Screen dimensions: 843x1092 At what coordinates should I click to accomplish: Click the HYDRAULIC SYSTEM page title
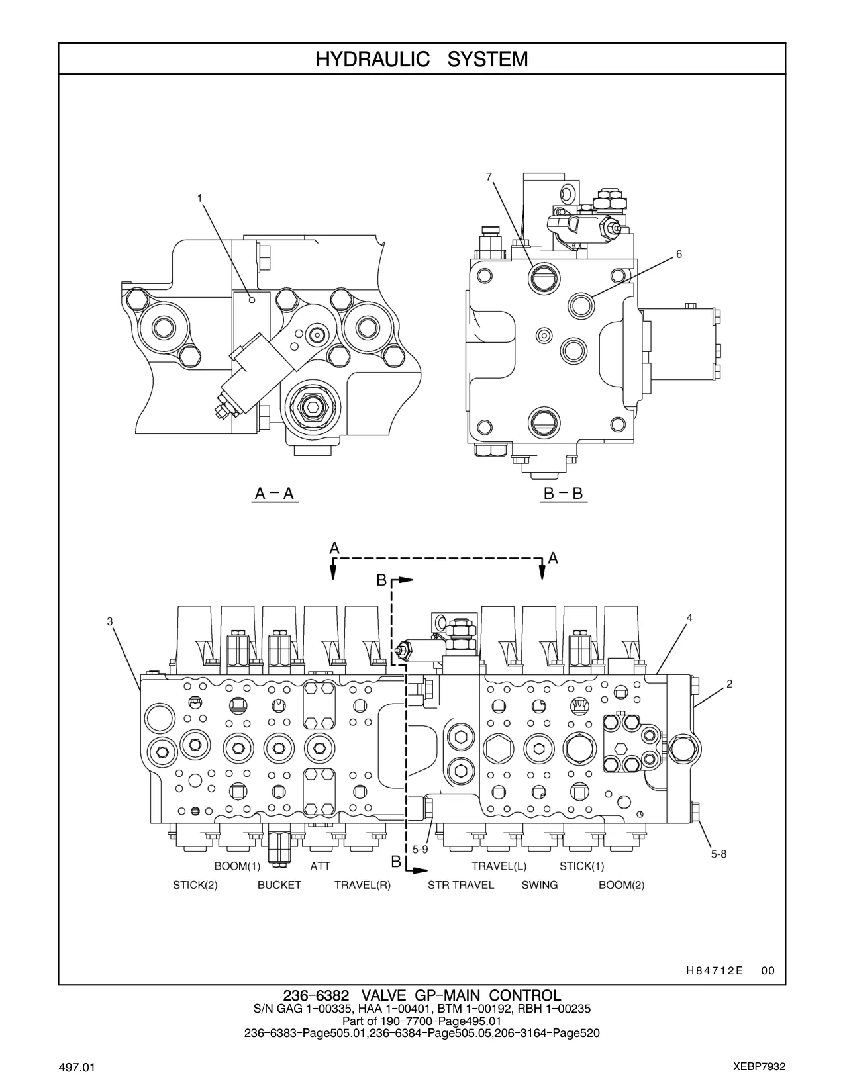click(422, 60)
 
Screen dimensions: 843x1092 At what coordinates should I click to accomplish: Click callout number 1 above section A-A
click(199, 198)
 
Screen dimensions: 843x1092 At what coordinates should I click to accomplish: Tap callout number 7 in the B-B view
click(489, 177)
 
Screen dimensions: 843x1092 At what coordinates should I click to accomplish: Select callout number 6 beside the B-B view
click(679, 254)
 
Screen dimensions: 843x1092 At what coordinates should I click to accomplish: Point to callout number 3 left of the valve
click(109, 621)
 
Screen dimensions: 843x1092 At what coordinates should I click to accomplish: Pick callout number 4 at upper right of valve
click(689, 618)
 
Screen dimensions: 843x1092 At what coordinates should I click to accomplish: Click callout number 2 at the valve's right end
click(729, 684)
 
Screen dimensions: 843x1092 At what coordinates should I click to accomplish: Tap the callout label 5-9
click(421, 850)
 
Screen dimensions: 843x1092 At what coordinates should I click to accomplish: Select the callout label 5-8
click(719, 854)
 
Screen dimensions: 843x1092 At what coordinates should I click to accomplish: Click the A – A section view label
click(274, 494)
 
